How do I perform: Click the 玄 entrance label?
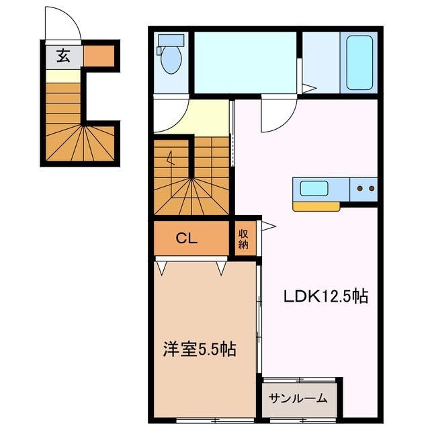point(62,57)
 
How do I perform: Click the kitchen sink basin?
point(313,188)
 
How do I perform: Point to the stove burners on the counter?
point(366,189)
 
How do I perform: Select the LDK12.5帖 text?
point(324,296)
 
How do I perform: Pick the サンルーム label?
point(298,398)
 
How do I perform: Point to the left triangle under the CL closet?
point(161,268)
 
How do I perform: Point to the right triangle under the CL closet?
point(221,268)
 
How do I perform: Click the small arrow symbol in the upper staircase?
point(171,160)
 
